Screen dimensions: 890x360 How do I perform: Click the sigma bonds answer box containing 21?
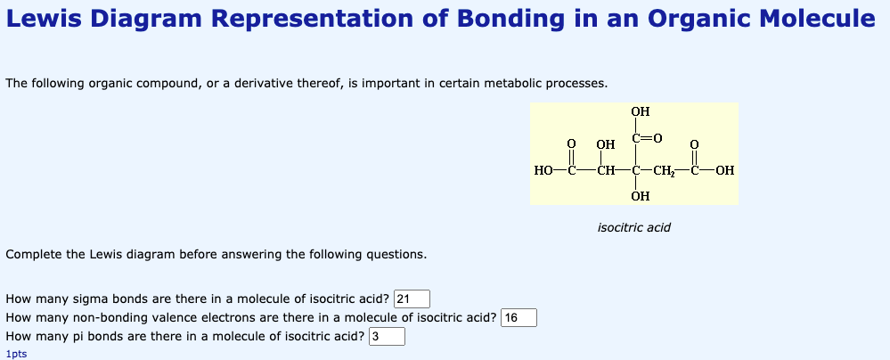tap(412, 299)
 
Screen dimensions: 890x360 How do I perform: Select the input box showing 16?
tap(518, 317)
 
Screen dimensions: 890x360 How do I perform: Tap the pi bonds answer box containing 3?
tap(388, 336)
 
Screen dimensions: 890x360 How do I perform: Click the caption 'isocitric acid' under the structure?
tap(634, 228)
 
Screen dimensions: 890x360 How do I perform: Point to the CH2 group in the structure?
tap(664, 170)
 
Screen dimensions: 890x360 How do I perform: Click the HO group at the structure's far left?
tap(543, 170)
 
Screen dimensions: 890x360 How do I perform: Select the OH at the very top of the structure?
tap(641, 111)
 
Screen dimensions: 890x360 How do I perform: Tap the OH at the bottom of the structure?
tap(641, 196)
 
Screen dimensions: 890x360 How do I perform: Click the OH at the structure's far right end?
tap(725, 170)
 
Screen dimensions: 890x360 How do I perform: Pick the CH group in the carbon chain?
tap(605, 170)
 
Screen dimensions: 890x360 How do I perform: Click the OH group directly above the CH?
tap(606, 144)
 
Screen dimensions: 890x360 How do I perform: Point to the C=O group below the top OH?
tap(646, 137)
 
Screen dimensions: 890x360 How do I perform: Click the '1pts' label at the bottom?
tap(16, 354)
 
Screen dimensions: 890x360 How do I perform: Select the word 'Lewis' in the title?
tap(43, 20)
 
